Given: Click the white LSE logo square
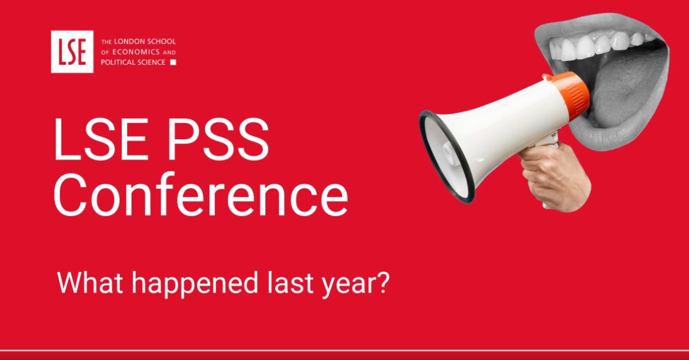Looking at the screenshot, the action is (x=72, y=52).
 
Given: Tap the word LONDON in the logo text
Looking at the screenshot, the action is (x=128, y=41).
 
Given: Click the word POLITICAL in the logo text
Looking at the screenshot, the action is (x=117, y=62).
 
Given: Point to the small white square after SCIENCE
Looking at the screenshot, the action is (x=173, y=63).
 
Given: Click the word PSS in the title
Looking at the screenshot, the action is (x=218, y=139).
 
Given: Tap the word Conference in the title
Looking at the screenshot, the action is (x=201, y=194).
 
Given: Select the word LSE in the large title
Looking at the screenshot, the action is (x=101, y=139).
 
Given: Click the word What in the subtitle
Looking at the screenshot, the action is (x=90, y=282).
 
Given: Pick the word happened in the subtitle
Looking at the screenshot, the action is (x=195, y=284).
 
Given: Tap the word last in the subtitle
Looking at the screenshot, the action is (x=290, y=282).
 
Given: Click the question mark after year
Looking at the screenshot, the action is (x=383, y=282).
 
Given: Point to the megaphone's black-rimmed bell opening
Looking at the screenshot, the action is (x=447, y=157).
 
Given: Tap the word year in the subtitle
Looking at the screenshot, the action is (x=347, y=284).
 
